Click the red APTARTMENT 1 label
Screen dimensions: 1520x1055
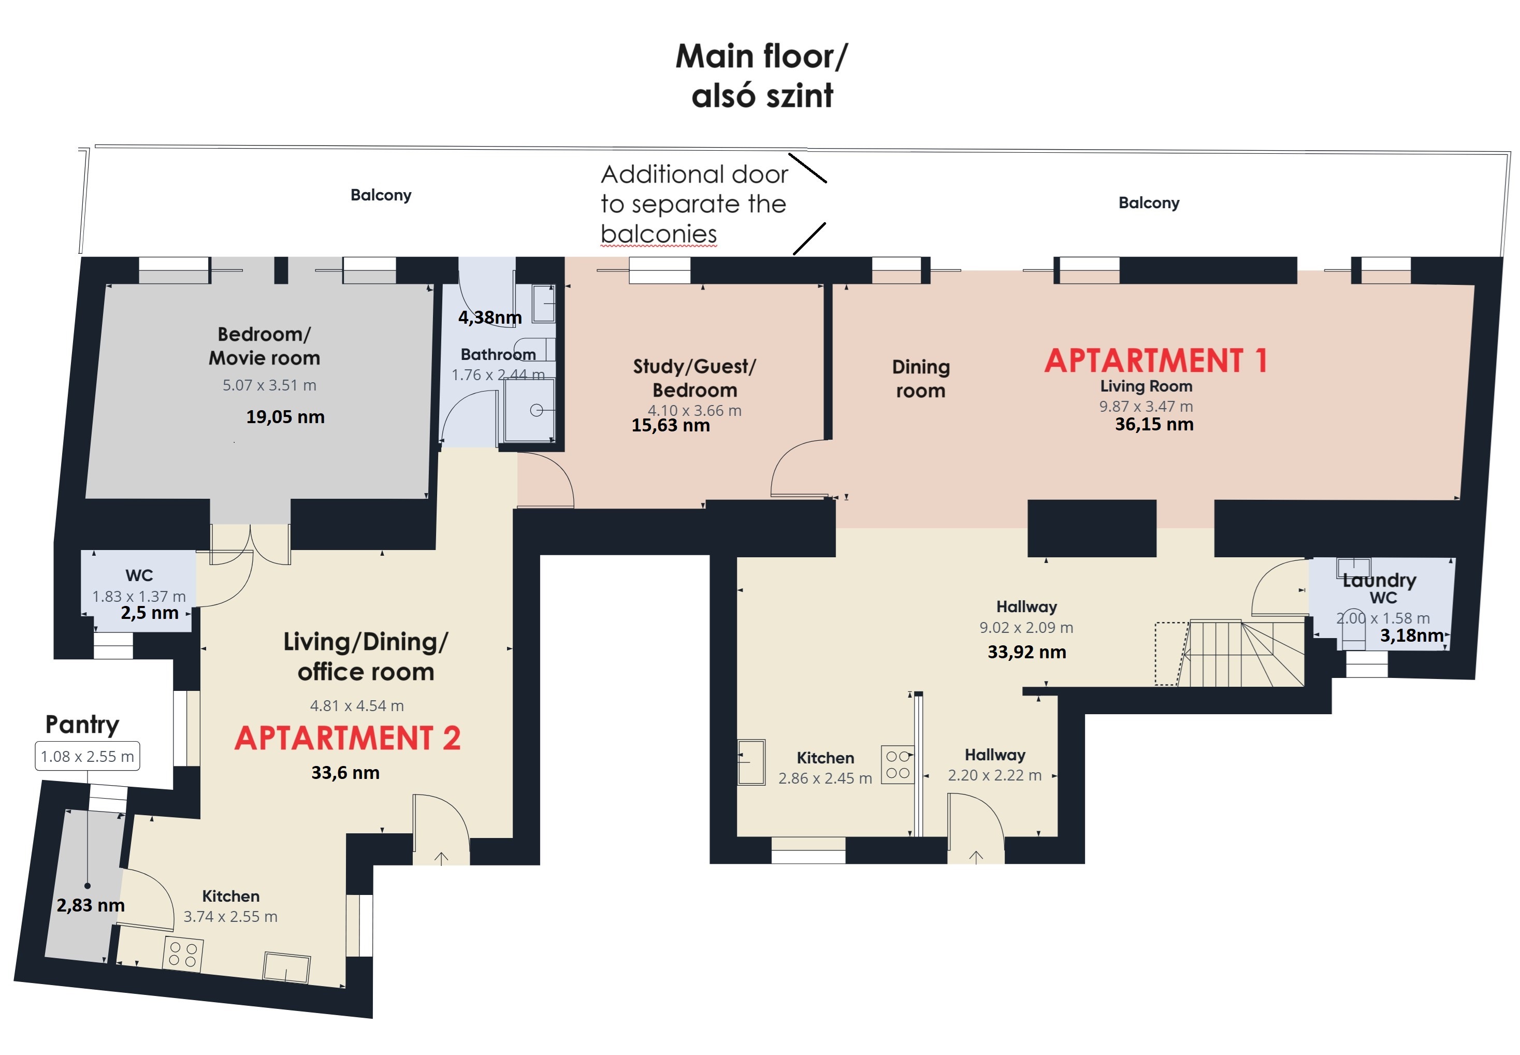(x=1155, y=361)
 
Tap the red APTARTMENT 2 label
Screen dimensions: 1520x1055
(x=348, y=739)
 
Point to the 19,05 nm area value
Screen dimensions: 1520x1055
(x=285, y=417)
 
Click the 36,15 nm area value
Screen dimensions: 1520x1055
(x=1154, y=424)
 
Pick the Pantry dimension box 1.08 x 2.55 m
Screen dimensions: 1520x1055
(x=87, y=756)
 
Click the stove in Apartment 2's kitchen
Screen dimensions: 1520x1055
(x=183, y=955)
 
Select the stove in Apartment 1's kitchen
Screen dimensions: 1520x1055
(x=897, y=765)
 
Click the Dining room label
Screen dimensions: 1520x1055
(x=921, y=379)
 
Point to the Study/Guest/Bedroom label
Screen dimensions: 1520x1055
(x=694, y=378)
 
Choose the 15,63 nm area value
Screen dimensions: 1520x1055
(x=671, y=426)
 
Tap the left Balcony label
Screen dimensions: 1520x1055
(x=381, y=195)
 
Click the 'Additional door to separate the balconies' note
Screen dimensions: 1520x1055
(x=694, y=204)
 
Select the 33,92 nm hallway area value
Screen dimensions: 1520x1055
(x=1026, y=653)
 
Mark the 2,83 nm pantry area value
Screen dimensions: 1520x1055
(x=91, y=906)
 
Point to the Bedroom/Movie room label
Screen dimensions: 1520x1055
(x=264, y=346)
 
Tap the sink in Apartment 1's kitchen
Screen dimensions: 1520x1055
(x=751, y=762)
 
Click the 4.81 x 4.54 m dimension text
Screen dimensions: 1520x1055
(x=357, y=706)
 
